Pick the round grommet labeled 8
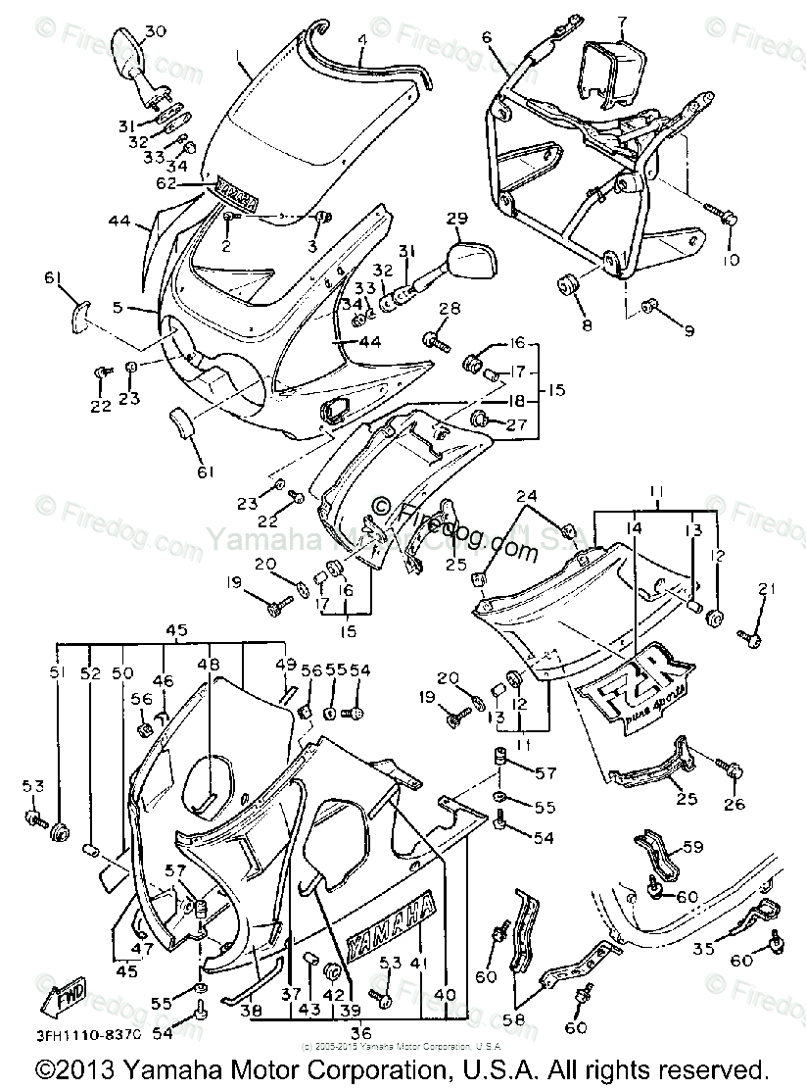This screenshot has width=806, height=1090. coord(567,285)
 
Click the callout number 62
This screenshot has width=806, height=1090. coord(192,182)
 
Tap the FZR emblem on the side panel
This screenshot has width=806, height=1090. coord(636,691)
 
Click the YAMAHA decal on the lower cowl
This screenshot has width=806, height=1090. coord(389,924)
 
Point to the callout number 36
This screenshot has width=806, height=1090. coord(359,1032)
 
